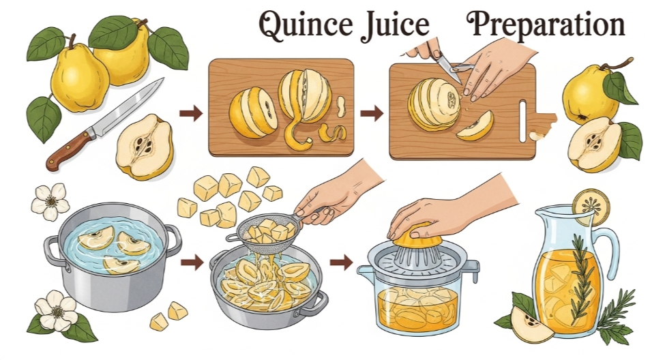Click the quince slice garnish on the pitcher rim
[x=591, y=207]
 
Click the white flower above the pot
[x=50, y=202]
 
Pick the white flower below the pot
[x=57, y=311]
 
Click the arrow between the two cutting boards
[x=372, y=113]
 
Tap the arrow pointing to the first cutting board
[x=191, y=113]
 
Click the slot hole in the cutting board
[x=523, y=121]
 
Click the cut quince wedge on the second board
[x=475, y=126]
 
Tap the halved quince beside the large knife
[x=145, y=147]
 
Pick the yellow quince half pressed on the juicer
[x=417, y=236]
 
